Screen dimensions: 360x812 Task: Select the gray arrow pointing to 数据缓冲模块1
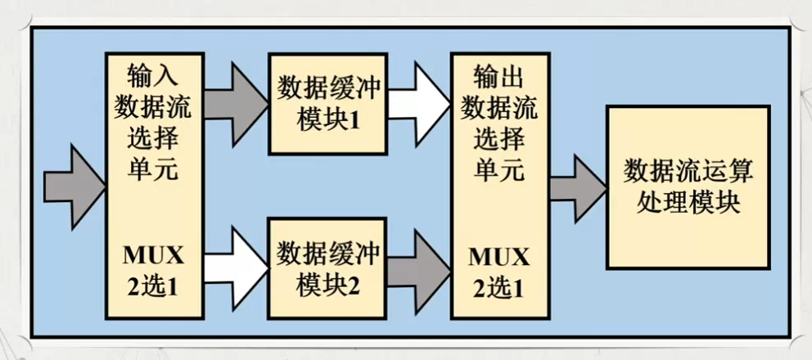click(237, 101)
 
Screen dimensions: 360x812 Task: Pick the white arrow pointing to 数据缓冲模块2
click(237, 265)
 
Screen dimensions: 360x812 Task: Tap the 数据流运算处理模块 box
click(688, 187)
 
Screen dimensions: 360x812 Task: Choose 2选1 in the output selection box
click(498, 288)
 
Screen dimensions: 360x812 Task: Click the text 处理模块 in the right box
click(688, 201)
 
